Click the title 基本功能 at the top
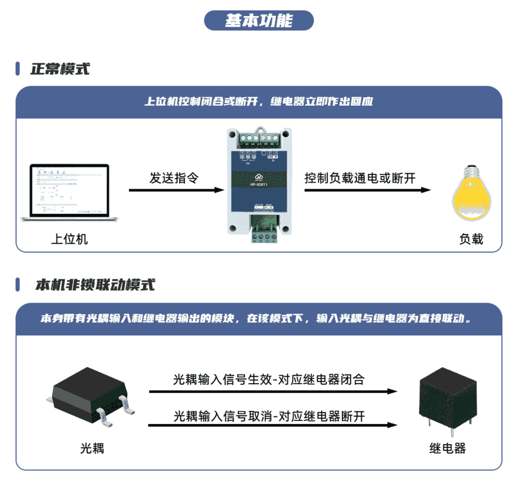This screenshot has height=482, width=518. (x=258, y=21)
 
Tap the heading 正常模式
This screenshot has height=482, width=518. (x=60, y=69)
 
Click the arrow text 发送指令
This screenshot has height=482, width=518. (x=174, y=178)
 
